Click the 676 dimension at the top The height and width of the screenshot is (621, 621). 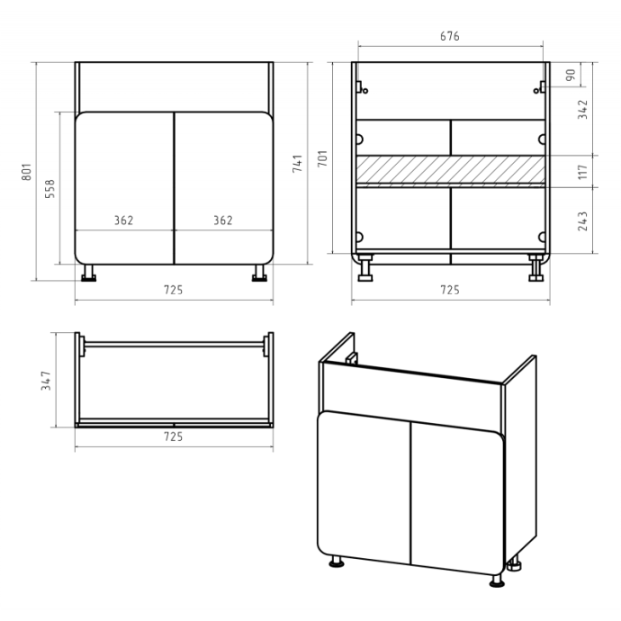[x=449, y=36]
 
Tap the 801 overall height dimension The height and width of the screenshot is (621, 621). [x=26, y=172]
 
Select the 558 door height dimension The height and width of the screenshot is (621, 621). [x=49, y=188]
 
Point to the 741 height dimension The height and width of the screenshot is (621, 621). [x=297, y=163]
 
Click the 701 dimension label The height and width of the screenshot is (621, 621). [x=322, y=158]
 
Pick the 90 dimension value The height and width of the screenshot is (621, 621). [x=571, y=75]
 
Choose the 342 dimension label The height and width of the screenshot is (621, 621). [x=582, y=109]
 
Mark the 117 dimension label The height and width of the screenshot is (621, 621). [x=582, y=172]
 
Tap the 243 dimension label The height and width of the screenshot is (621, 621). [x=582, y=221]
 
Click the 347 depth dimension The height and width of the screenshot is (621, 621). [x=46, y=381]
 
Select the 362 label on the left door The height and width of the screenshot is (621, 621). [x=124, y=220]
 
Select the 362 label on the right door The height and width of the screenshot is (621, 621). [x=223, y=220]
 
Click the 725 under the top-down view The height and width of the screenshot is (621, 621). [x=174, y=436]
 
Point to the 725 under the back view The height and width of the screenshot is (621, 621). [x=450, y=291]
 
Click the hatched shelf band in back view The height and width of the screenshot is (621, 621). [x=451, y=169]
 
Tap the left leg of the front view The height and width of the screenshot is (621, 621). [x=88, y=273]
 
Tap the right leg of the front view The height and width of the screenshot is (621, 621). [x=259, y=273]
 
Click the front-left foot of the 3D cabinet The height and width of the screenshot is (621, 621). [x=337, y=562]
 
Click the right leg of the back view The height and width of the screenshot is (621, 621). [x=535, y=268]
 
